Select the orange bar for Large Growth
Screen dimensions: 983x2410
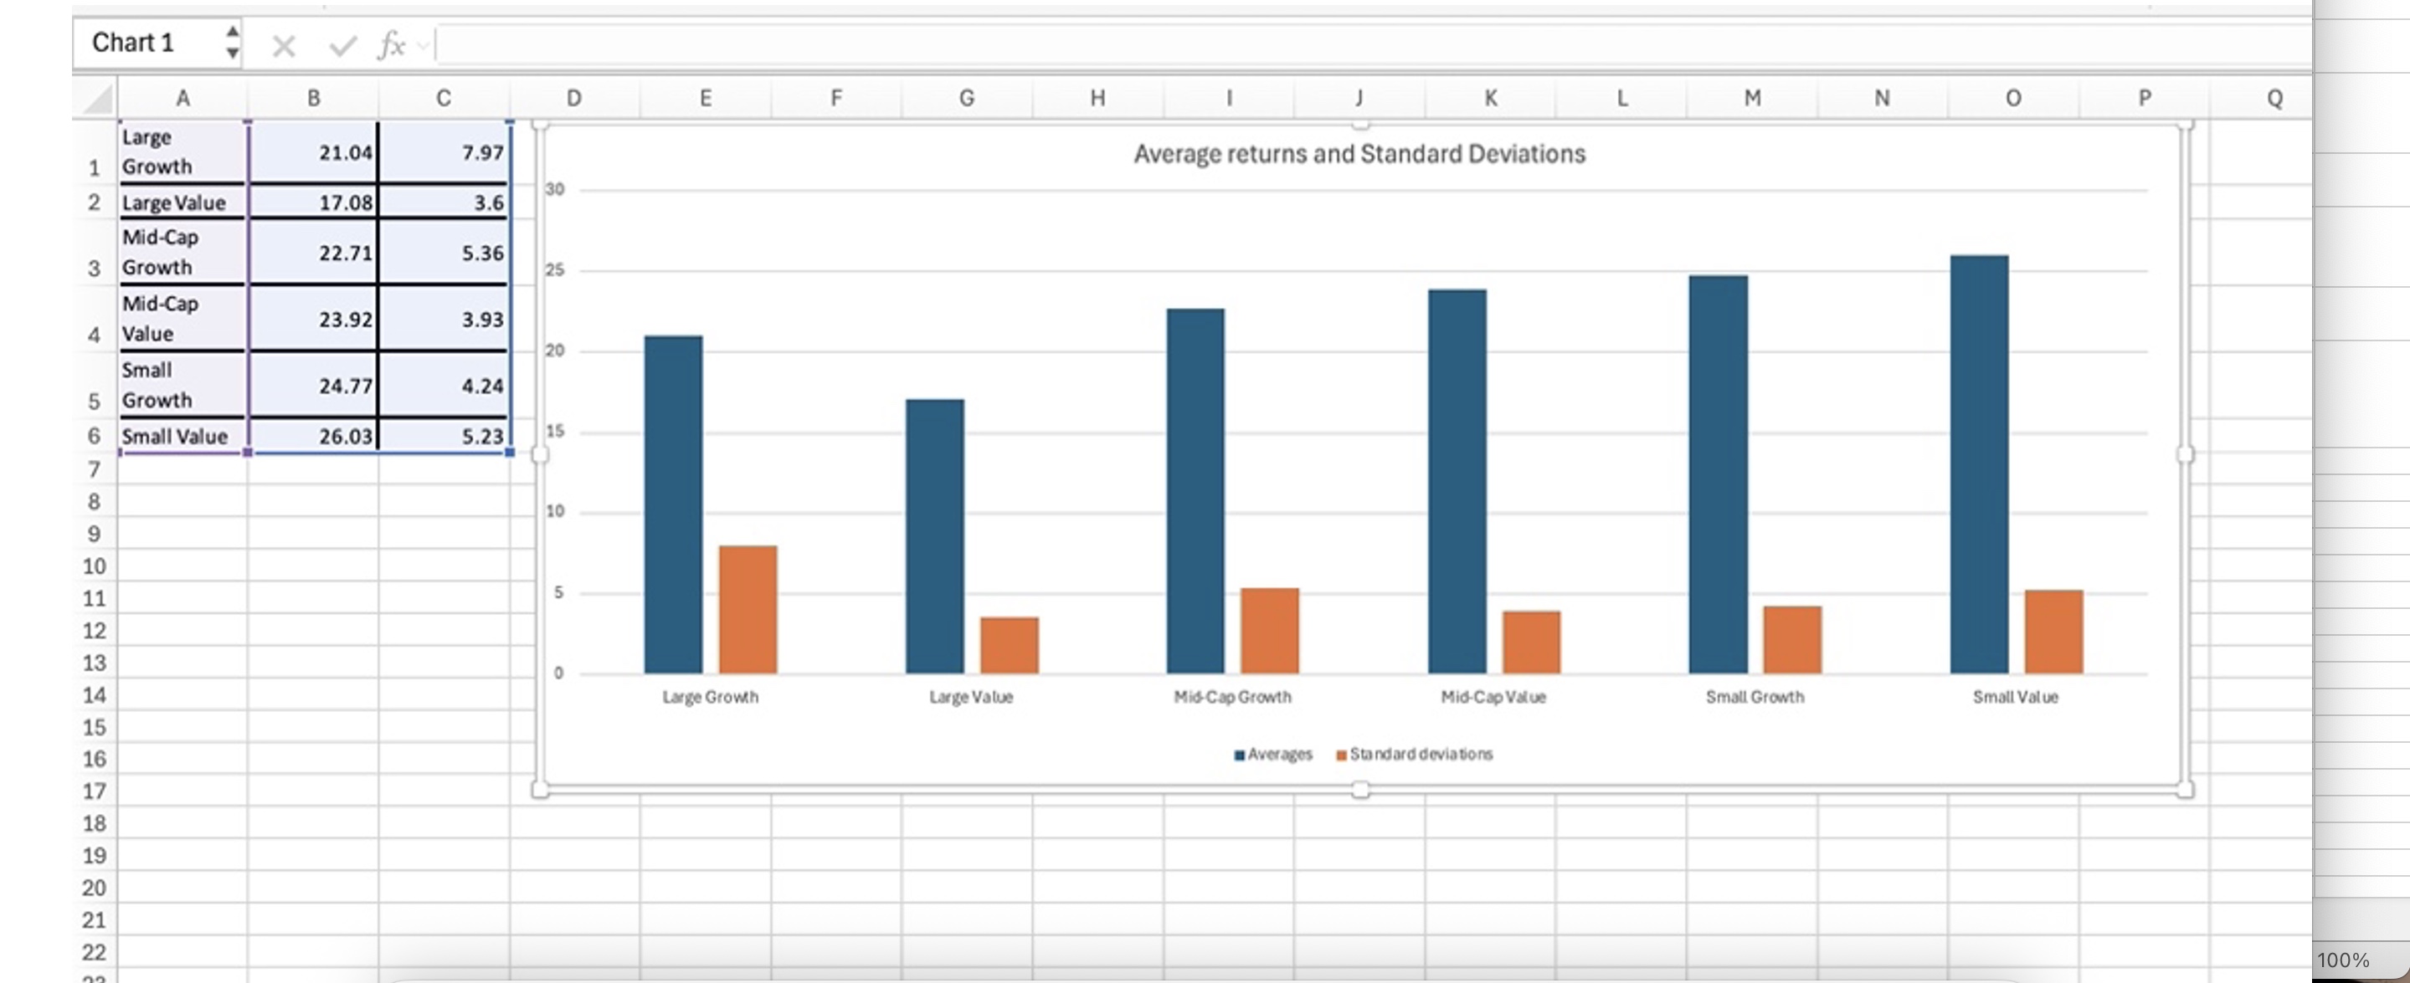pos(748,609)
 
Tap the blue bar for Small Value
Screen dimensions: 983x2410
pos(1979,464)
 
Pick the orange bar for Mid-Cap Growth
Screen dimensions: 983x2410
pos(1270,631)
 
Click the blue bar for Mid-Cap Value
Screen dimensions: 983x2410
pos(1457,481)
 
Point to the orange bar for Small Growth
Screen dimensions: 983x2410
pos(1791,640)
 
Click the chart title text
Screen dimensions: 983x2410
pos(1359,153)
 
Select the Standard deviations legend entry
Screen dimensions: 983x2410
pos(1421,754)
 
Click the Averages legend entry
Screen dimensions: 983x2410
pos(1279,754)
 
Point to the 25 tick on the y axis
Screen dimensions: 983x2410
pos(555,270)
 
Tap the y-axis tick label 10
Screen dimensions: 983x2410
pos(555,512)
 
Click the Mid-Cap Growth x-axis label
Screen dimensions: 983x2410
pos(1232,697)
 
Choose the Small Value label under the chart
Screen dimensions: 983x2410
pos(2015,697)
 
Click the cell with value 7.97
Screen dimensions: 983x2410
pos(444,151)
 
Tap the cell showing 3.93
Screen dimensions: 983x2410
pos(444,319)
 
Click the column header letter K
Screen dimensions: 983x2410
pos(1490,98)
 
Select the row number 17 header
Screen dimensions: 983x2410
pos(94,791)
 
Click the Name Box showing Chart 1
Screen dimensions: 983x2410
pos(150,43)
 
